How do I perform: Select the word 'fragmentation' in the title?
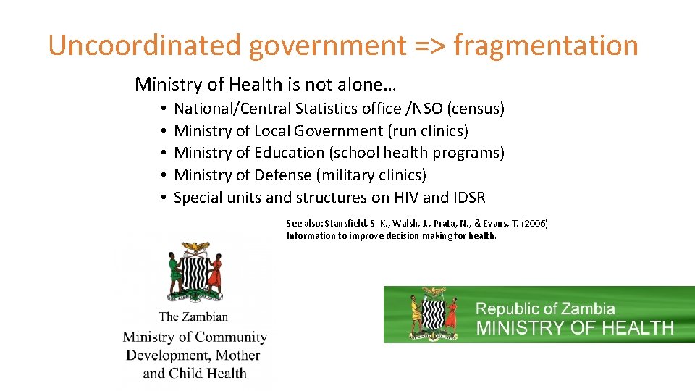coord(546,45)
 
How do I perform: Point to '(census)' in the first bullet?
coord(476,109)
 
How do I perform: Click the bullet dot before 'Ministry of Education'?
coord(165,154)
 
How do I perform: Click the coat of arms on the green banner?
coord(433,314)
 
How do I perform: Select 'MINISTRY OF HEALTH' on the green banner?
coord(575,327)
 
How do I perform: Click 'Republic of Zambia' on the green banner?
coord(545,309)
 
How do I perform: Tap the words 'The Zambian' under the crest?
coord(193,316)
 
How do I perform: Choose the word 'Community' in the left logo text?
coord(231,337)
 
